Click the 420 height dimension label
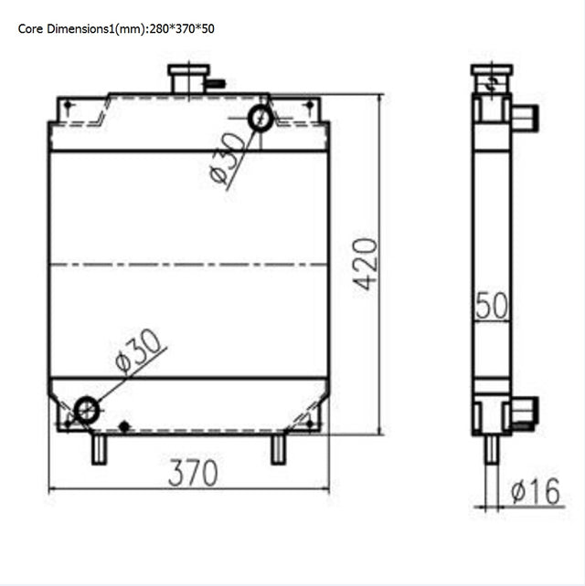pyautogui.click(x=366, y=264)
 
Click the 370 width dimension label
pyautogui.click(x=193, y=472)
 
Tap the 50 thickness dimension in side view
pyautogui.click(x=492, y=306)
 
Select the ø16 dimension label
pyautogui.click(x=535, y=493)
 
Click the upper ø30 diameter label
pyautogui.click(x=228, y=158)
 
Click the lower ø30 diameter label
pyautogui.click(x=139, y=351)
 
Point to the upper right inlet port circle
pyautogui.click(x=261, y=118)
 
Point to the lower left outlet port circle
pyautogui.click(x=87, y=409)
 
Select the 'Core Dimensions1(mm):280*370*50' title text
pyautogui.click(x=116, y=28)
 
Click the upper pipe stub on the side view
pyautogui.click(x=525, y=118)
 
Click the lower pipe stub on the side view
pyautogui.click(x=525, y=411)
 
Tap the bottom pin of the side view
pyautogui.click(x=492, y=449)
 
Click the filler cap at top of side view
pyautogui.click(x=492, y=71)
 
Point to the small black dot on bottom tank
pyautogui.click(x=124, y=425)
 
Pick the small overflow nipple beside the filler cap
pyautogui.click(x=217, y=85)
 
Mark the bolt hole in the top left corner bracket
pyautogui.click(x=67, y=107)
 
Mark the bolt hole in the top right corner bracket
pyautogui.click(x=309, y=107)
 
